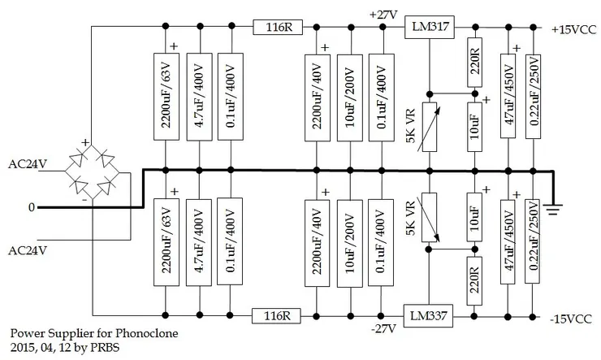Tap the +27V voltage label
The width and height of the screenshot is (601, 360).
point(383,14)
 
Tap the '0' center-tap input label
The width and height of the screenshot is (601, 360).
point(32,207)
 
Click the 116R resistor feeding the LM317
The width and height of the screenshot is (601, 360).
point(279,26)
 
